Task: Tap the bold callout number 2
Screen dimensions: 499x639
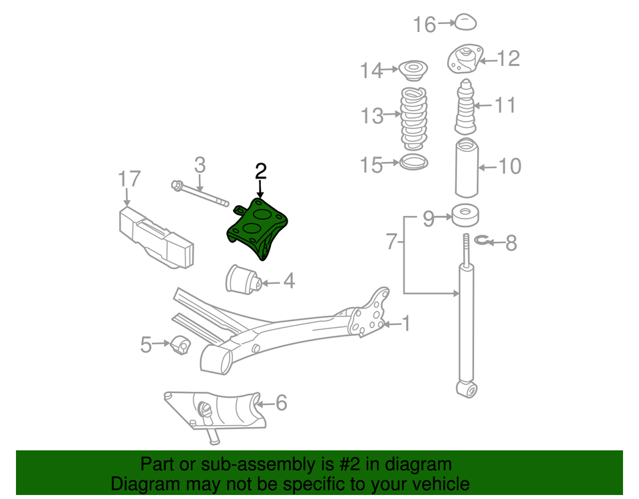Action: [x=260, y=171]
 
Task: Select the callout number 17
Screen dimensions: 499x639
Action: [x=130, y=179]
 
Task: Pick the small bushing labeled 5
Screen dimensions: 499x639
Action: [x=180, y=344]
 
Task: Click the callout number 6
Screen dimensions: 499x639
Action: [x=281, y=403]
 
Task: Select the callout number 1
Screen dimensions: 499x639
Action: [x=406, y=324]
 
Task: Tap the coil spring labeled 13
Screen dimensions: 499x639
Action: [x=413, y=117]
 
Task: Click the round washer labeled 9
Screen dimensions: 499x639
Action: [x=466, y=217]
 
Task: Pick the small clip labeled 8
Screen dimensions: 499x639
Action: [x=484, y=242]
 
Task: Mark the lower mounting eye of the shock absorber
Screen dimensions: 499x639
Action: [x=467, y=388]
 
